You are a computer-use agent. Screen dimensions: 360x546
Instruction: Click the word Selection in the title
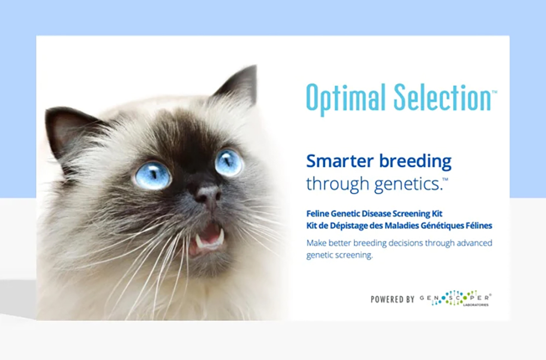click(442, 98)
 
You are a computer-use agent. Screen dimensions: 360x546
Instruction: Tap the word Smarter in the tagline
click(335, 161)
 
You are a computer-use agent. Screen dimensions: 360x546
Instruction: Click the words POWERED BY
click(393, 299)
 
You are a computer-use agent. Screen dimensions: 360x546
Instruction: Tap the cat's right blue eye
click(228, 162)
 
